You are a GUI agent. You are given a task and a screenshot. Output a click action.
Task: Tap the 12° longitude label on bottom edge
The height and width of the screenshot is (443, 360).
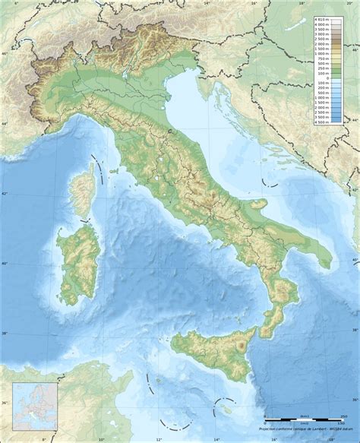tap(159, 439)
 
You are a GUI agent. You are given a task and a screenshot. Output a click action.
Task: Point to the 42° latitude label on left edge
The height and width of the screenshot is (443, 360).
tap(3, 193)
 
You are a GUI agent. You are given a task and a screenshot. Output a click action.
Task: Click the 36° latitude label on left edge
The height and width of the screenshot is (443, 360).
tap(3, 403)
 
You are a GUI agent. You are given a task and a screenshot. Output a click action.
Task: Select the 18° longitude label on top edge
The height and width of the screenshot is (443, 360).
tap(302, 3)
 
